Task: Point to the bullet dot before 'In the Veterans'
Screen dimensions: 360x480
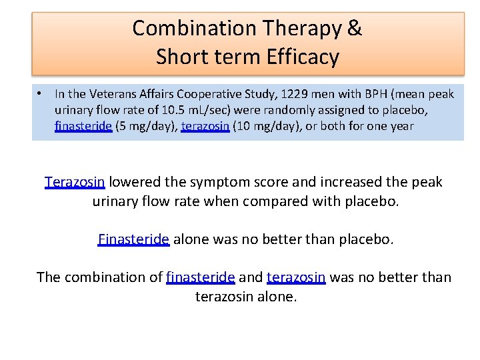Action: (41, 94)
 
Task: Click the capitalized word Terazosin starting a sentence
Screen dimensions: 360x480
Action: (75, 182)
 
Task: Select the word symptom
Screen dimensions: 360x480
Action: (217, 182)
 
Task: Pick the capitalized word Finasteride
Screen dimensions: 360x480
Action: (133, 239)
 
